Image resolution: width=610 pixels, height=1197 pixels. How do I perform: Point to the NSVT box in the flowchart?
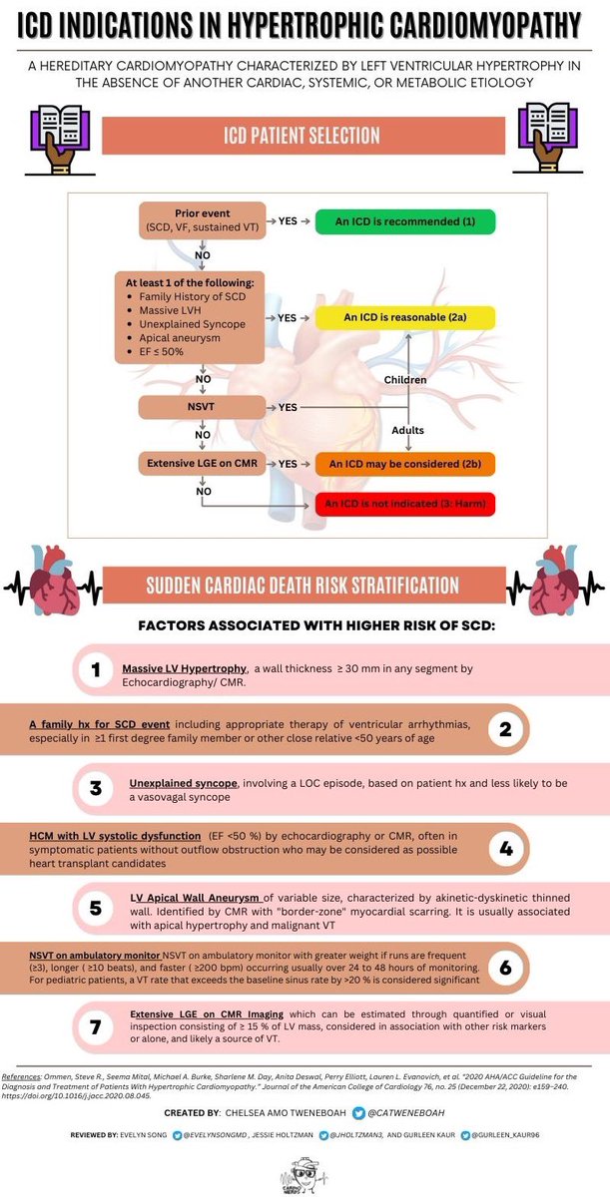point(202,408)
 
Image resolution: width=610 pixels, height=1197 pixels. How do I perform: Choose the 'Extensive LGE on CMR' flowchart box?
point(202,464)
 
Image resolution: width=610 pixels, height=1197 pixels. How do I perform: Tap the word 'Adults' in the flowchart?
point(407,431)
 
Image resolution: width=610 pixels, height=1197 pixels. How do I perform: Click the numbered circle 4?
point(505,849)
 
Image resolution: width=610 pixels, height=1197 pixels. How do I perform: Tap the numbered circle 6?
point(505,969)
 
